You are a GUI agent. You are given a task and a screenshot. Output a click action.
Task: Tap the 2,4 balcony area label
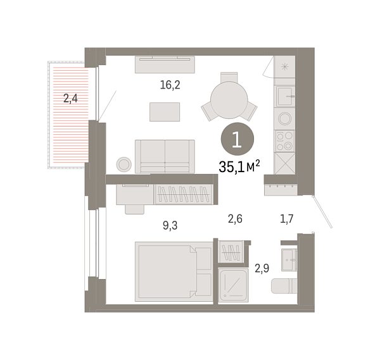[70, 98]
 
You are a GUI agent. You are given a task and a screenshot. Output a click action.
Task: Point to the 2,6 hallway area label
[236, 220]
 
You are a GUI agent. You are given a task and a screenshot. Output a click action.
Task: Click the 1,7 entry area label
[286, 220]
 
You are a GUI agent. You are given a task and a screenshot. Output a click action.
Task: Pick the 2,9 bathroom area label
[262, 268]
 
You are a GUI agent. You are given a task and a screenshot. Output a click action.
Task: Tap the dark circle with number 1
[237, 139]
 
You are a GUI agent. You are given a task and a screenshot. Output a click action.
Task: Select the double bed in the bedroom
[173, 271]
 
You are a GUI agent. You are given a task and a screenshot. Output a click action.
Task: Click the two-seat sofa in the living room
[165, 156]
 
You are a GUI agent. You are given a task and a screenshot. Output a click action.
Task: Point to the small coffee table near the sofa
[165, 111]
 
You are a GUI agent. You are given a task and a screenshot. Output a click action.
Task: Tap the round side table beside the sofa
[123, 164]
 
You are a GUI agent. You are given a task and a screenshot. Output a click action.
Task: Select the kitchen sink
[284, 96]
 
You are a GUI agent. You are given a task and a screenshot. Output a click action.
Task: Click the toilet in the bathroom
[284, 287]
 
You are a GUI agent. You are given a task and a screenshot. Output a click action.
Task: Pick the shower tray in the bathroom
[234, 285]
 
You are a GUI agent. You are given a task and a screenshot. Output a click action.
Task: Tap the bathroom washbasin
[289, 256]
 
